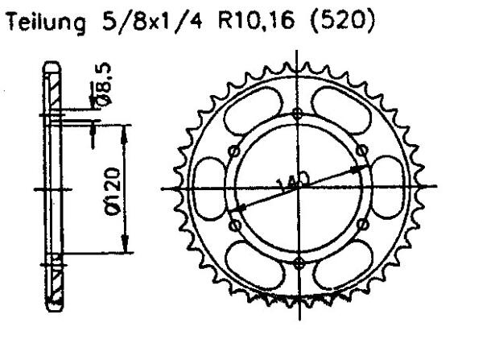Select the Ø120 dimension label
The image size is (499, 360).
113,190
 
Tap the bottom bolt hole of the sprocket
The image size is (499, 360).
299,259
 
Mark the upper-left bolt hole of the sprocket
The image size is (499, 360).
235,153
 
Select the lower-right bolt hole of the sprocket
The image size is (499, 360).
361,225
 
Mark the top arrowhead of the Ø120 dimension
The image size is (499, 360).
125,129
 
